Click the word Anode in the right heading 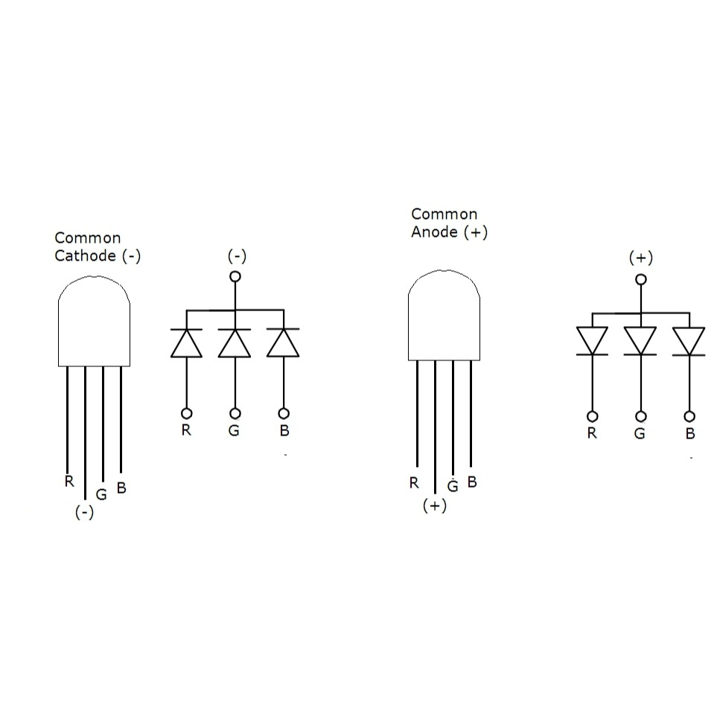click(435, 232)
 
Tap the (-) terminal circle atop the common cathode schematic click(235, 276)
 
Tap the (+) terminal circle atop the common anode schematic click(640, 279)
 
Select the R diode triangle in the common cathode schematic click(186, 343)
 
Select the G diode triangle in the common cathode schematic click(235, 343)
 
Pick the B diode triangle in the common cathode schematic click(283, 343)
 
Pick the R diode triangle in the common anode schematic click(592, 340)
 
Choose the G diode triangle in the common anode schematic click(640, 340)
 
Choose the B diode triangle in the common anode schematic click(689, 340)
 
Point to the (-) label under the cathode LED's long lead click(85, 513)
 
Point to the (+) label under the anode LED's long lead click(434, 506)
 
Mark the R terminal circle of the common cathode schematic click(186, 413)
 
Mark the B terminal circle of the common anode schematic click(689, 416)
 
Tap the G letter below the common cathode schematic click(235, 430)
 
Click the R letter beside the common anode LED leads click(414, 482)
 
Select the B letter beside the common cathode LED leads click(121, 488)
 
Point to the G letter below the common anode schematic click(640, 433)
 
